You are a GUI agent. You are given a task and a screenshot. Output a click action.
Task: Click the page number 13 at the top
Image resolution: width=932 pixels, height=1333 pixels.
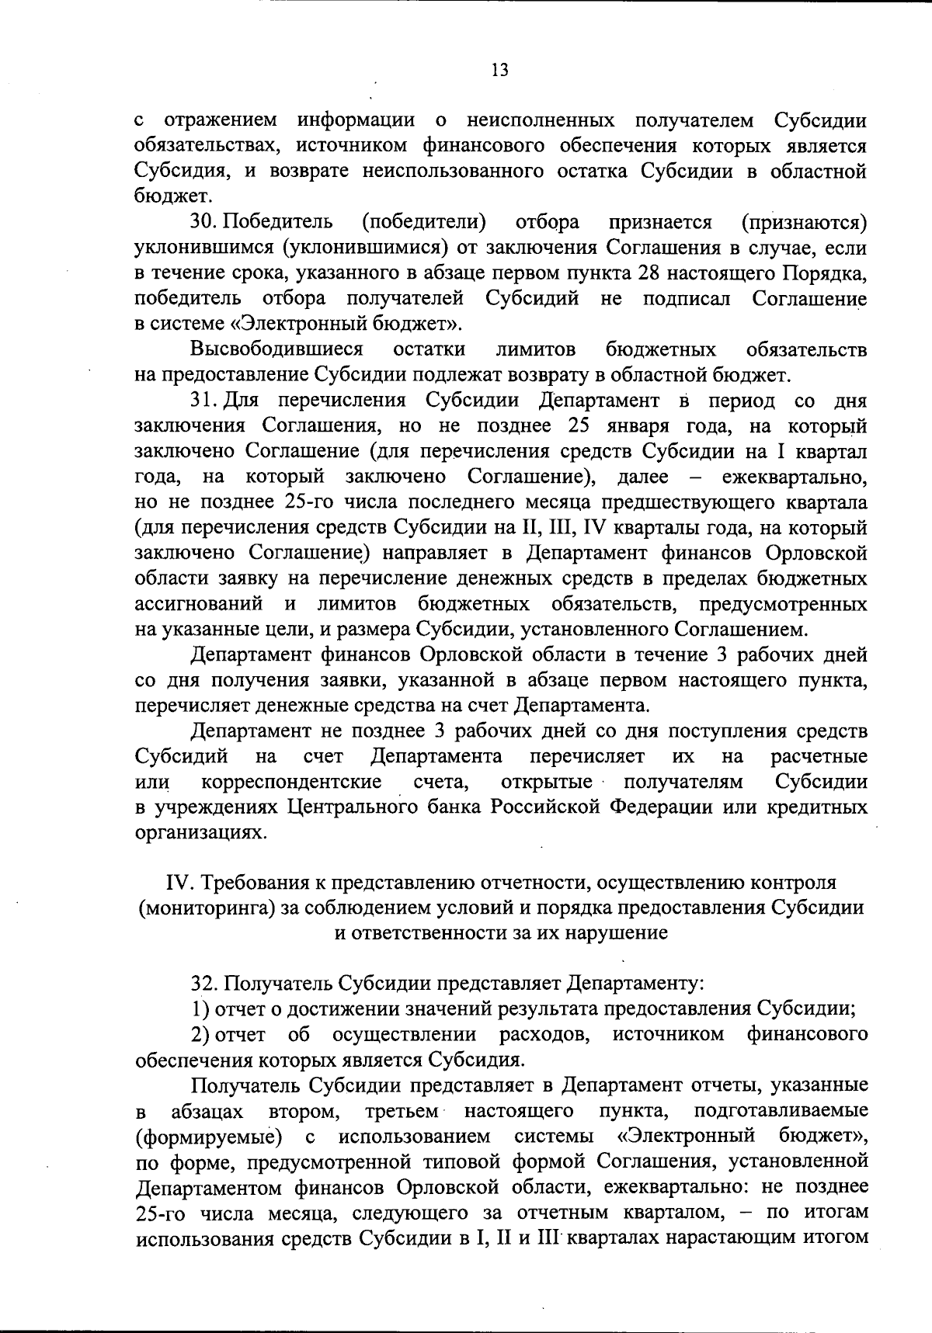point(499,71)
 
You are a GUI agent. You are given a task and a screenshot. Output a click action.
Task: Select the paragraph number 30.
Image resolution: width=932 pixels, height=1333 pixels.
point(204,224)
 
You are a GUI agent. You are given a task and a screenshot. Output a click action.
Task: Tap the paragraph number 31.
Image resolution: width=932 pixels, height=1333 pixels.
point(204,401)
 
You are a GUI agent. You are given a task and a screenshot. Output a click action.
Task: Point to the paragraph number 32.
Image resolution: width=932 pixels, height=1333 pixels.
point(204,984)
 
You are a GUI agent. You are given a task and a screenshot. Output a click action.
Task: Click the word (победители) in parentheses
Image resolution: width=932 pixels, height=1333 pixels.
point(424,224)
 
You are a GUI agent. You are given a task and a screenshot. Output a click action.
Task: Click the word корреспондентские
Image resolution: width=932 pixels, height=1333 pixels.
point(291,781)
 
